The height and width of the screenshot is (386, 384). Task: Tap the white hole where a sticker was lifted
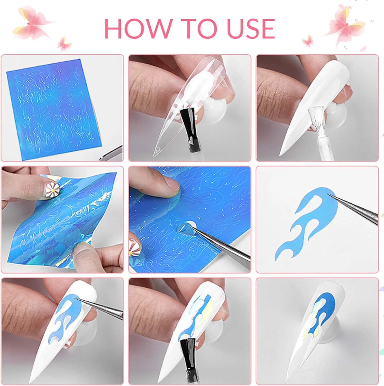point(191,226)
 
